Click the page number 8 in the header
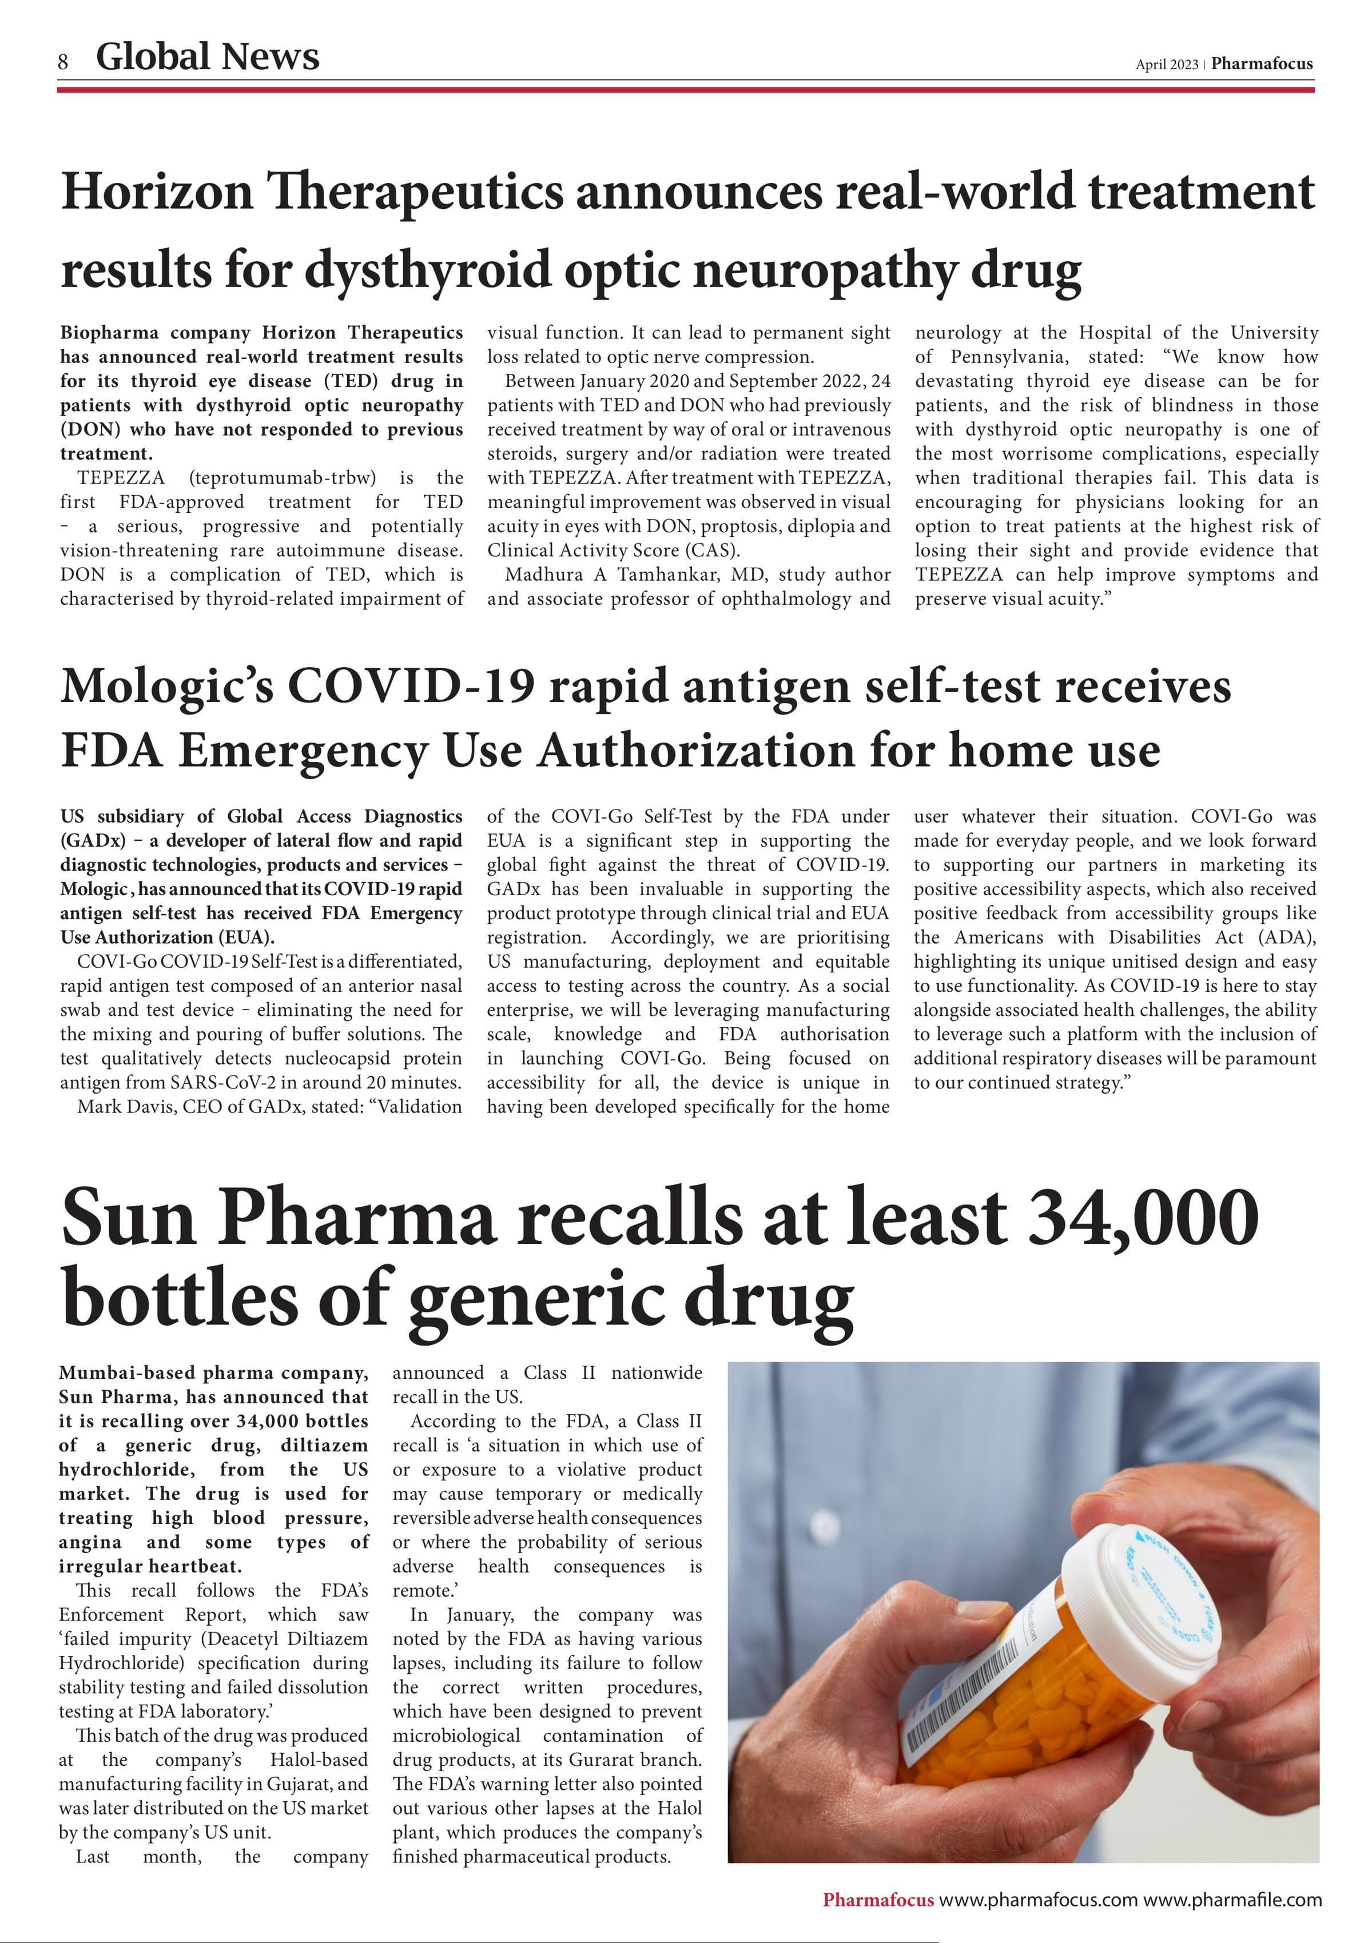pyautogui.click(x=63, y=62)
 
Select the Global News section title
pyautogui.click(x=208, y=57)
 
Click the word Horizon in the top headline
pyautogui.click(x=157, y=192)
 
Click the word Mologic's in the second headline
pyautogui.click(x=167, y=685)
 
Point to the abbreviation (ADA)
pyautogui.click(x=1287, y=937)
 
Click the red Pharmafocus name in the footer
pyautogui.click(x=878, y=1900)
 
